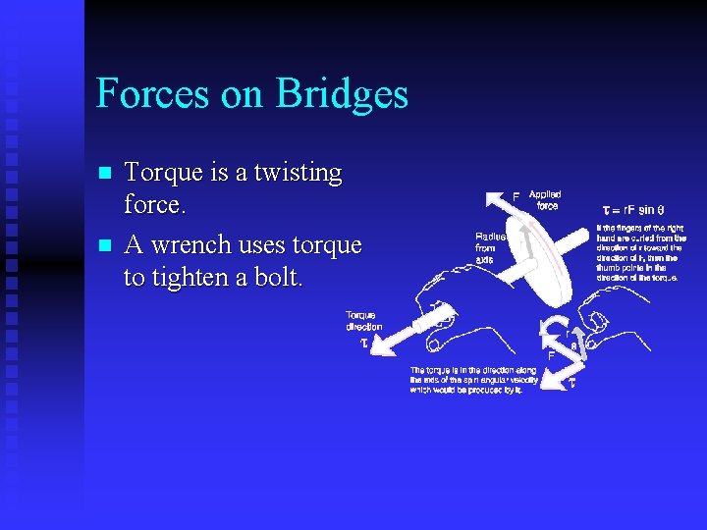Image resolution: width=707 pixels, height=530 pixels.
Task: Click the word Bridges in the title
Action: tap(342, 94)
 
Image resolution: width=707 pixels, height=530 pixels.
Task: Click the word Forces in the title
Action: tap(153, 94)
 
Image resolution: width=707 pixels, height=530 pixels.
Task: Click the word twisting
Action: tap(294, 173)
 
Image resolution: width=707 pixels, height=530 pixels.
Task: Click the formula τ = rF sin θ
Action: tap(632, 210)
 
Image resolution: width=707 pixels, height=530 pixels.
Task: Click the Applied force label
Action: tap(545, 199)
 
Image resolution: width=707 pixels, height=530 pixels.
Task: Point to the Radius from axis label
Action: tap(490, 248)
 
